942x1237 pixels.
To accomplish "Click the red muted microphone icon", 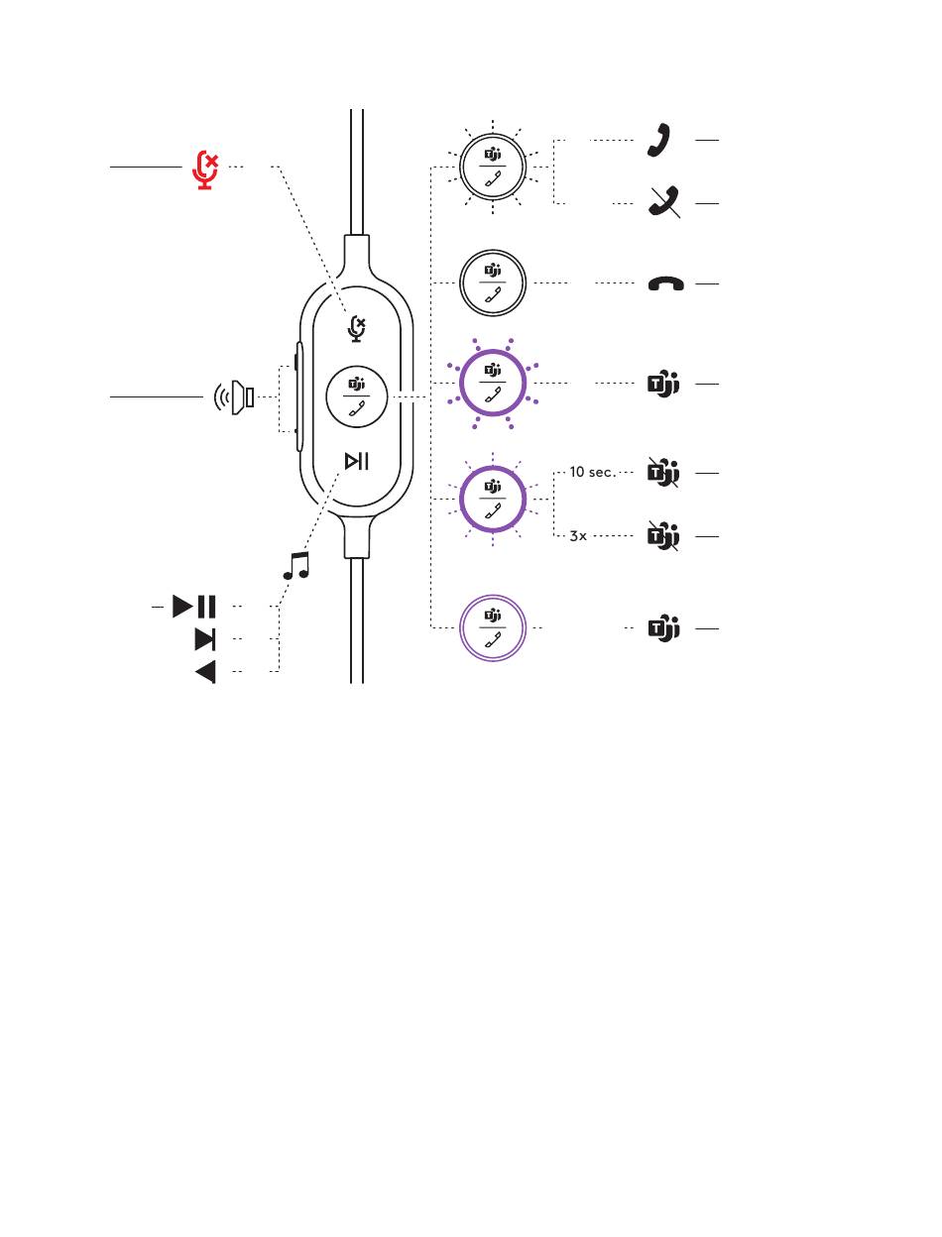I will pos(205,169).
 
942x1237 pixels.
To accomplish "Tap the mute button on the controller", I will pos(357,328).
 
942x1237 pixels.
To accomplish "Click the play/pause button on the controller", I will pos(357,461).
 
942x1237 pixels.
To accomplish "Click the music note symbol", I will pos(295,566).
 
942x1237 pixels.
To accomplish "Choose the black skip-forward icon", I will pos(205,639).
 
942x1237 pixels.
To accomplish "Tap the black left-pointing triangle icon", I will pos(205,672).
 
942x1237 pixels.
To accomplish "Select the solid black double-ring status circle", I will pos(492,283).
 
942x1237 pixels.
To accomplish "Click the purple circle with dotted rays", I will pos(492,384).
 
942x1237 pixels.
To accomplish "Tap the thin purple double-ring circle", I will pos(492,627).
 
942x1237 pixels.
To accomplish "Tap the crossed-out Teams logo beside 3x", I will pos(661,536).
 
